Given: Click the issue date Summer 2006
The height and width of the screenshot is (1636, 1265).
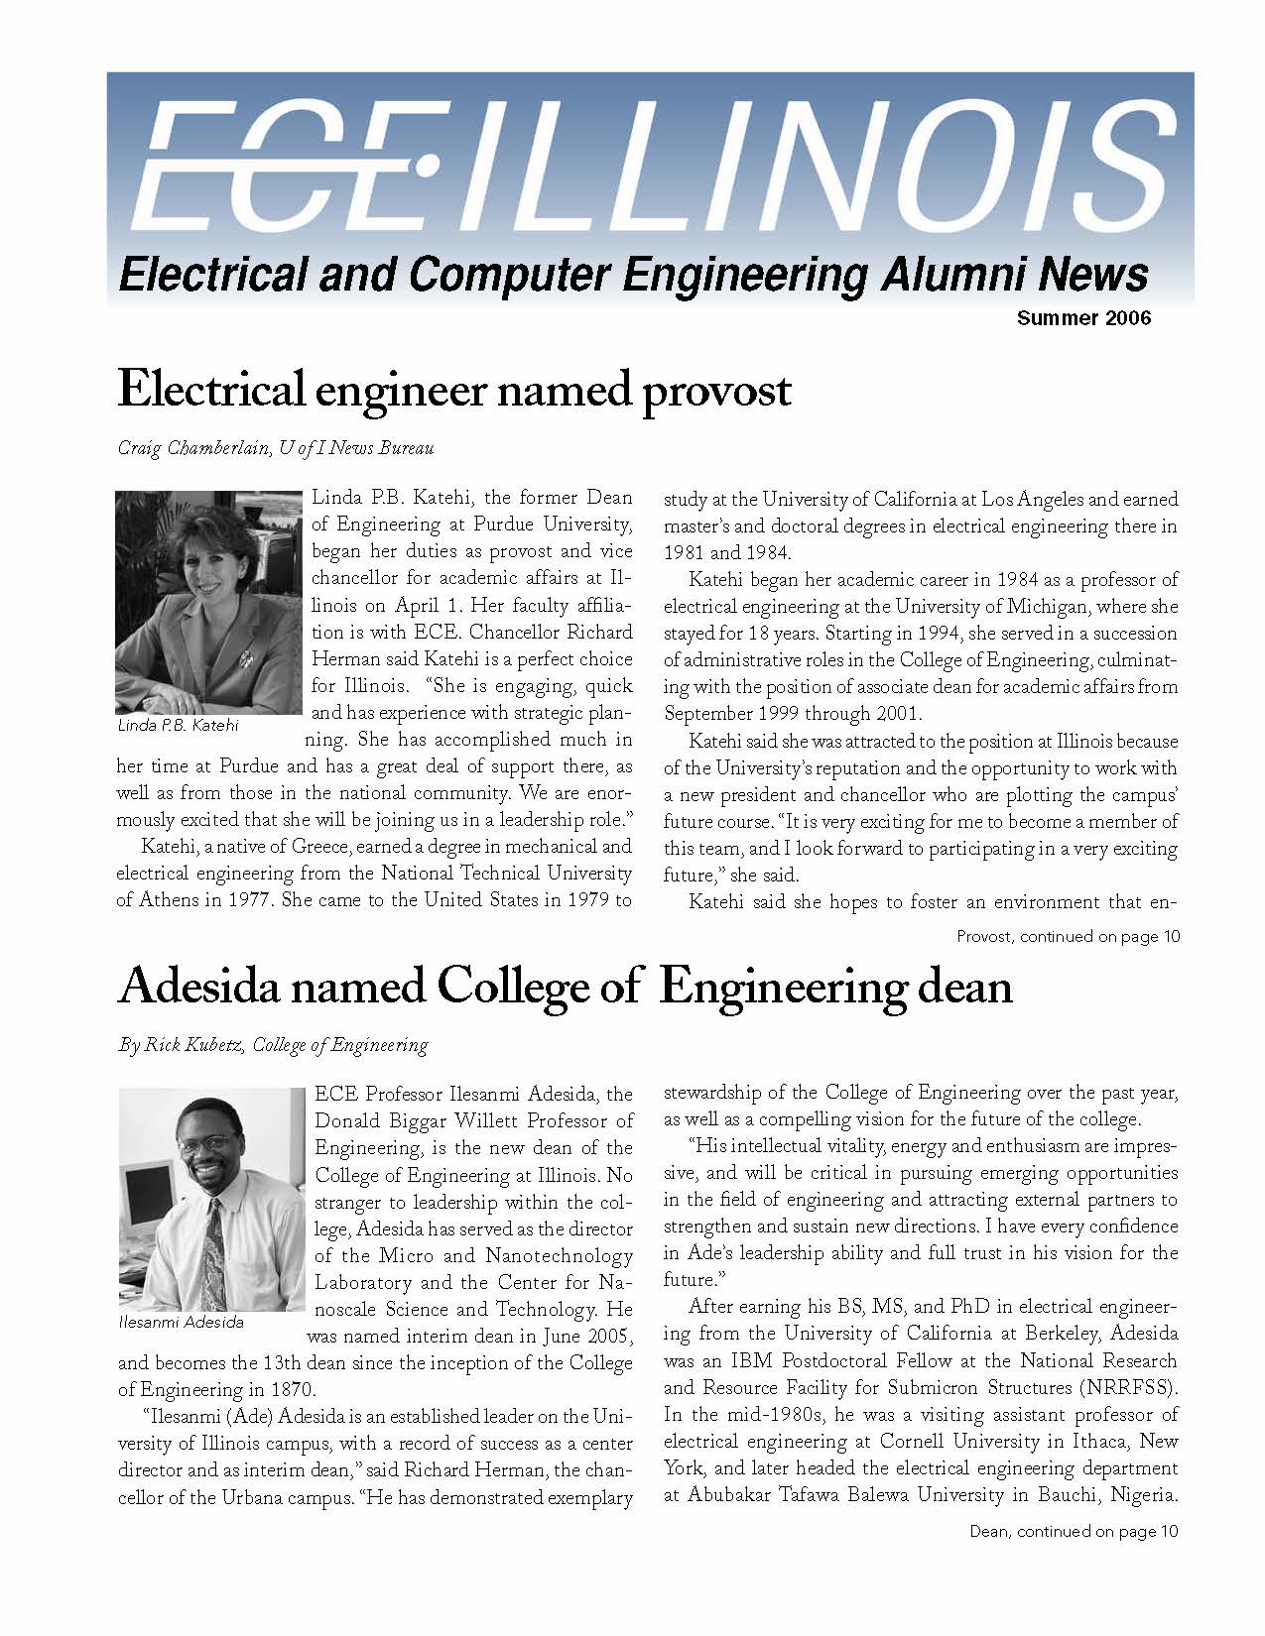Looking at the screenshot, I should [1083, 318].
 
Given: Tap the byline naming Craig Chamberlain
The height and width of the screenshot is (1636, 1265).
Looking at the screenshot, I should [276, 448].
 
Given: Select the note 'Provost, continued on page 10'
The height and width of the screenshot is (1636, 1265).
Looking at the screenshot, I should [1068, 936].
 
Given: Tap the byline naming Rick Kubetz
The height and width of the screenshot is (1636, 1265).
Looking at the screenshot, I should [273, 1044].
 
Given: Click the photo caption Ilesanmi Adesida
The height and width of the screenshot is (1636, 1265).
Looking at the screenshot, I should [181, 1322].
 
